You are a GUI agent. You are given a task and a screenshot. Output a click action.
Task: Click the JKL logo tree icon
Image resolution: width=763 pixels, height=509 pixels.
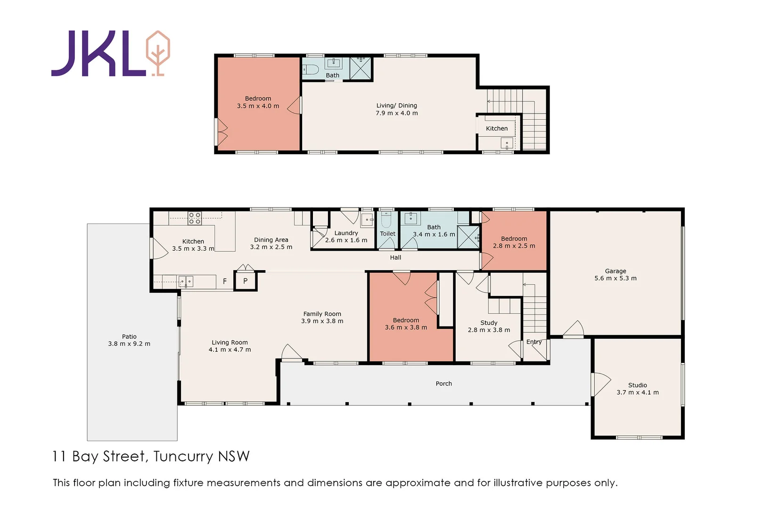pyautogui.click(x=157, y=53)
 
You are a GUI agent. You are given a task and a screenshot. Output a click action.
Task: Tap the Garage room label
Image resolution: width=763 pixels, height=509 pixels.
pyautogui.click(x=615, y=271)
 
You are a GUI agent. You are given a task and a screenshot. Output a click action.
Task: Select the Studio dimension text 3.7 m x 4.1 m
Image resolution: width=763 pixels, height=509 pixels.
pyautogui.click(x=637, y=392)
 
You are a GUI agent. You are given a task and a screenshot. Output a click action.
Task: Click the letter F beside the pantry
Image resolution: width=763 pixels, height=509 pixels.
pyautogui.click(x=225, y=281)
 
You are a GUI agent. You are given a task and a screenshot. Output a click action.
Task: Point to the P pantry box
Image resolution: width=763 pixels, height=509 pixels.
pyautogui.click(x=246, y=281)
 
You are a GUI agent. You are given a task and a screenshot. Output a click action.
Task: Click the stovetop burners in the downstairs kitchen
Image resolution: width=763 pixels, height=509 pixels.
pyautogui.click(x=195, y=218)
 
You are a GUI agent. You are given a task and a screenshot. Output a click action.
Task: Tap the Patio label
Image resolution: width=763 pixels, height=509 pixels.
pyautogui.click(x=129, y=337)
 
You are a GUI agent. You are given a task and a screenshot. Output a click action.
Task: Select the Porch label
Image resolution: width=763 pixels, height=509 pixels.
pyautogui.click(x=443, y=384)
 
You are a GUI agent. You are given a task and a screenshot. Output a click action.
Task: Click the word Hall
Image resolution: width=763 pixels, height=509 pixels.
pyautogui.click(x=395, y=257)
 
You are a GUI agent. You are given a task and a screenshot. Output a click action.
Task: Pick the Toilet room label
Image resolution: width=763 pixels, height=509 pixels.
pyautogui.click(x=387, y=234)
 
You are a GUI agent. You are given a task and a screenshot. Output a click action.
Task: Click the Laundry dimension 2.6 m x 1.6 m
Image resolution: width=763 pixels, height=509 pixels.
pyautogui.click(x=346, y=240)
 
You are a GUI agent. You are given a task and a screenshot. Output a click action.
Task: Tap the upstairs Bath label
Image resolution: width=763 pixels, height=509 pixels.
pyautogui.click(x=332, y=75)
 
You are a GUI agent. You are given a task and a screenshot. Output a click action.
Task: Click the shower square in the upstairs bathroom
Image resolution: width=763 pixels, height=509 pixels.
pyautogui.click(x=361, y=69)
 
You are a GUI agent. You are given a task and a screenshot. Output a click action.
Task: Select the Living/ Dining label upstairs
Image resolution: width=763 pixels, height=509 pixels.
pyautogui.click(x=396, y=106)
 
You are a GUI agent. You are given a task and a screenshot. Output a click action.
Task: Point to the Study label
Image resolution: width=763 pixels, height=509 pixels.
pyautogui.click(x=489, y=323)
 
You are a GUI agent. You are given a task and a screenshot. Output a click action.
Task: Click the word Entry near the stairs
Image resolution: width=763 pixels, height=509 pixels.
pyautogui.click(x=533, y=342)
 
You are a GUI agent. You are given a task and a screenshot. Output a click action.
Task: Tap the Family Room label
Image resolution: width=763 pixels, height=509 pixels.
pyautogui.click(x=322, y=314)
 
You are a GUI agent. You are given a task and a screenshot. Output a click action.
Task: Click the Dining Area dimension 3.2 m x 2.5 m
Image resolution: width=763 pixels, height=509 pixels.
pyautogui.click(x=271, y=247)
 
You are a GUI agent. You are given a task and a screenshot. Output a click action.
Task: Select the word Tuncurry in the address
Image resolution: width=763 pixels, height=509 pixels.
pyautogui.click(x=183, y=457)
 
